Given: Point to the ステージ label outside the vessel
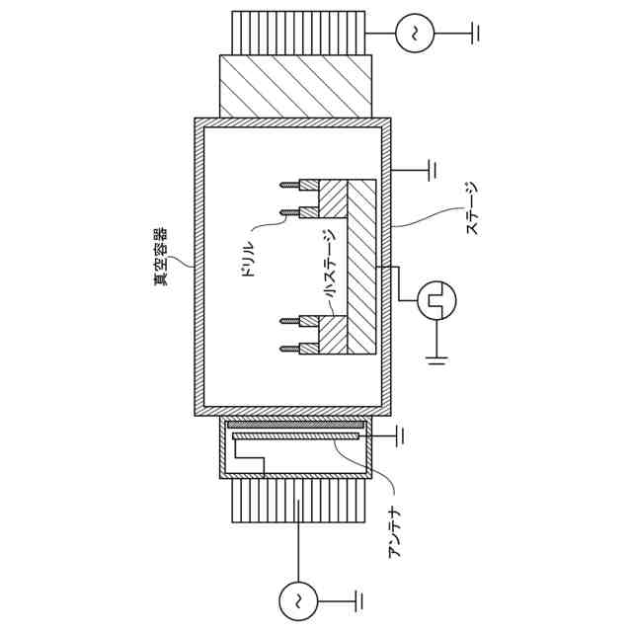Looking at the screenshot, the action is (472, 206).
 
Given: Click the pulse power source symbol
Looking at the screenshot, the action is (434, 298).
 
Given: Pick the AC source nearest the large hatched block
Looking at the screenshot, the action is (414, 34).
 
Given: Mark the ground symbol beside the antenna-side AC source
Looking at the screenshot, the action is (357, 597).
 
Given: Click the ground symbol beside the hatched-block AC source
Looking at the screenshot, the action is (475, 34).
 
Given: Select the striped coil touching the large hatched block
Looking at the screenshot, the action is (296, 29).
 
